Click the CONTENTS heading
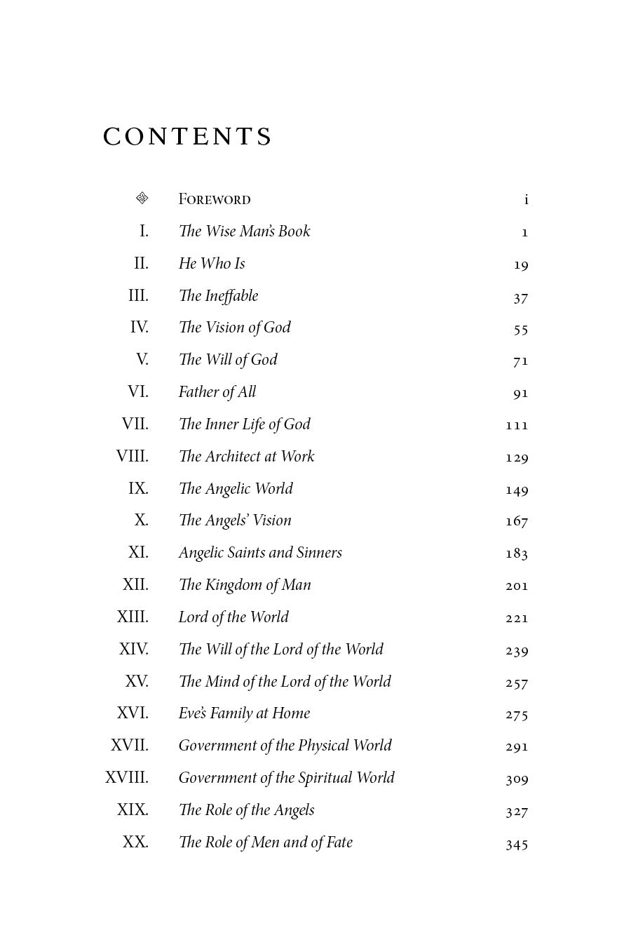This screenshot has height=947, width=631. pos(187,137)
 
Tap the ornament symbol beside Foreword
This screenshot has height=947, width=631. pos(142,199)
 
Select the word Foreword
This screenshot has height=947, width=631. pos(215,199)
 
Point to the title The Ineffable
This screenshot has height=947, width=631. pos(218,296)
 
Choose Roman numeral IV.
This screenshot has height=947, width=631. pos(140,328)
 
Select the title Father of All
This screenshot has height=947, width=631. pos(217,392)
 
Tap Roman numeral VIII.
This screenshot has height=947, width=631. pos(133,457)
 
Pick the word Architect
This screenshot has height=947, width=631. pos(232,457)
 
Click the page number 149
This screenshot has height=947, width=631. pos(517,490)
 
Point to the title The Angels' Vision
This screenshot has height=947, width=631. pos(235,520)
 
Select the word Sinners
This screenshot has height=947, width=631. pos(319,553)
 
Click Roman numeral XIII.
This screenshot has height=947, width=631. pos(133,617)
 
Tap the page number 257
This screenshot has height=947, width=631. pos(517,683)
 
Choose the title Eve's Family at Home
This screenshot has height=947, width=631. pos(244,713)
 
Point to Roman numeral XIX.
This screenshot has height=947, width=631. pos(133,810)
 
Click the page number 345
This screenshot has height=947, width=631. pos(517,844)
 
